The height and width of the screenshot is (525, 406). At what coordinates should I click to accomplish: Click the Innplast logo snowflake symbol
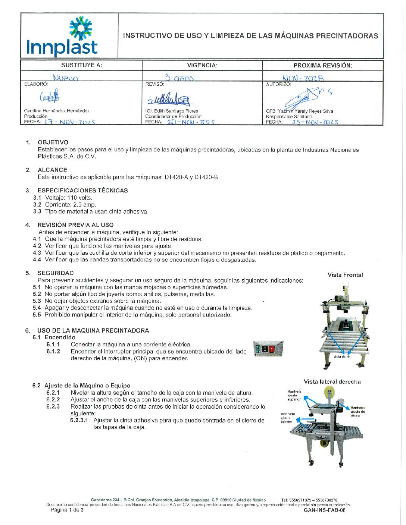(81, 28)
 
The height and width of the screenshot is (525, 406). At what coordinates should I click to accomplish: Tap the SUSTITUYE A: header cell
(81, 65)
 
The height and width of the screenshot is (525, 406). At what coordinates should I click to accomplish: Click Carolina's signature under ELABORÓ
(50, 96)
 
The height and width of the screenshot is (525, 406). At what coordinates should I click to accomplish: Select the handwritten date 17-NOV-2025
(70, 122)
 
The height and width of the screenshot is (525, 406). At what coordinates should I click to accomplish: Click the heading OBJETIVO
(53, 142)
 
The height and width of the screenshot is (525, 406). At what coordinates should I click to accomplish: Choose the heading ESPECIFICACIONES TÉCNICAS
(82, 191)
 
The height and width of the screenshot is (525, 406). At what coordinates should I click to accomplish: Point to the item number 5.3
(37, 301)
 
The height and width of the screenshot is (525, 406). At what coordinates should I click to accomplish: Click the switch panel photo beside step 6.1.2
(268, 349)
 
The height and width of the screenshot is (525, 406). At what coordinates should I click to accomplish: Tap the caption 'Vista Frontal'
(345, 275)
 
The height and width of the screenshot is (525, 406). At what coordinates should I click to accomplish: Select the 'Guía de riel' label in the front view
(343, 357)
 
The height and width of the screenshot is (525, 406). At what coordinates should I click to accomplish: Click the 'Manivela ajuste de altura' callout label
(357, 412)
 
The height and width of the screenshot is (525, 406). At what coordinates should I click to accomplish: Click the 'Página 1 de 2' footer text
(67, 510)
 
